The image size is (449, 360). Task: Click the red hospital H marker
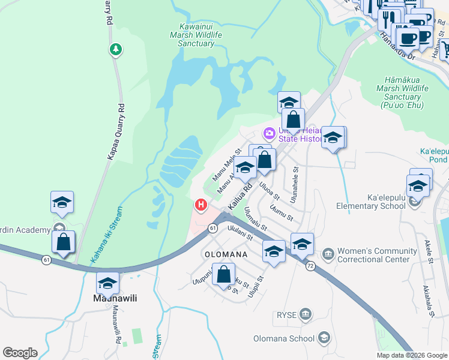[201, 205]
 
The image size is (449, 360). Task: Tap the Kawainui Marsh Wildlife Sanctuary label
[200, 35]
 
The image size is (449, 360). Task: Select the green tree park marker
[115, 49]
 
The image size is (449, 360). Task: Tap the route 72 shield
[310, 266]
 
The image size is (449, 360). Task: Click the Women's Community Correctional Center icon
[328, 255]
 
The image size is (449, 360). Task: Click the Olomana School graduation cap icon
[324, 338]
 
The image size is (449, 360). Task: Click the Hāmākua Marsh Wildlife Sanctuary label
[406, 92]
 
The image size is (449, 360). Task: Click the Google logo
[20, 352]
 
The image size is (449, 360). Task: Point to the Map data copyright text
[411, 355]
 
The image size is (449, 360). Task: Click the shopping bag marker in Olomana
[223, 275]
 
